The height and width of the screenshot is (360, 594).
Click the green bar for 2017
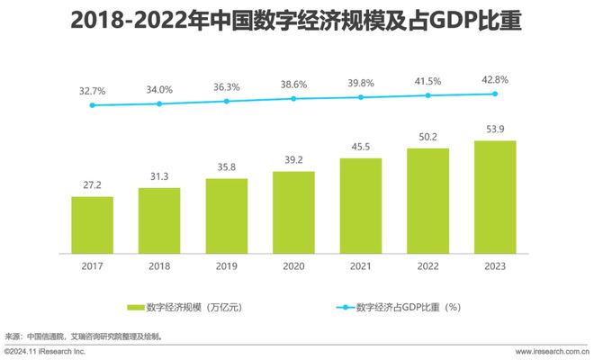point(93,224)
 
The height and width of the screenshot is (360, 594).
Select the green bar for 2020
point(293,211)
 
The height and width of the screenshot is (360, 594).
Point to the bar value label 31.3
point(159,177)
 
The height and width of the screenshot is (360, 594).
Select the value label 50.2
point(428,137)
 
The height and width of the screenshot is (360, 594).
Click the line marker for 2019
point(227,101)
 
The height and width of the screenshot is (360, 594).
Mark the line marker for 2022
point(428,95)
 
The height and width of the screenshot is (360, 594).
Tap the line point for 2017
point(93,105)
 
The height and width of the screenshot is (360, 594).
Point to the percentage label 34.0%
point(159,88)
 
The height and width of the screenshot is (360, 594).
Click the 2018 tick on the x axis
point(159,265)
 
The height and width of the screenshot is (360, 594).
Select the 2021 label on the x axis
point(361,265)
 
